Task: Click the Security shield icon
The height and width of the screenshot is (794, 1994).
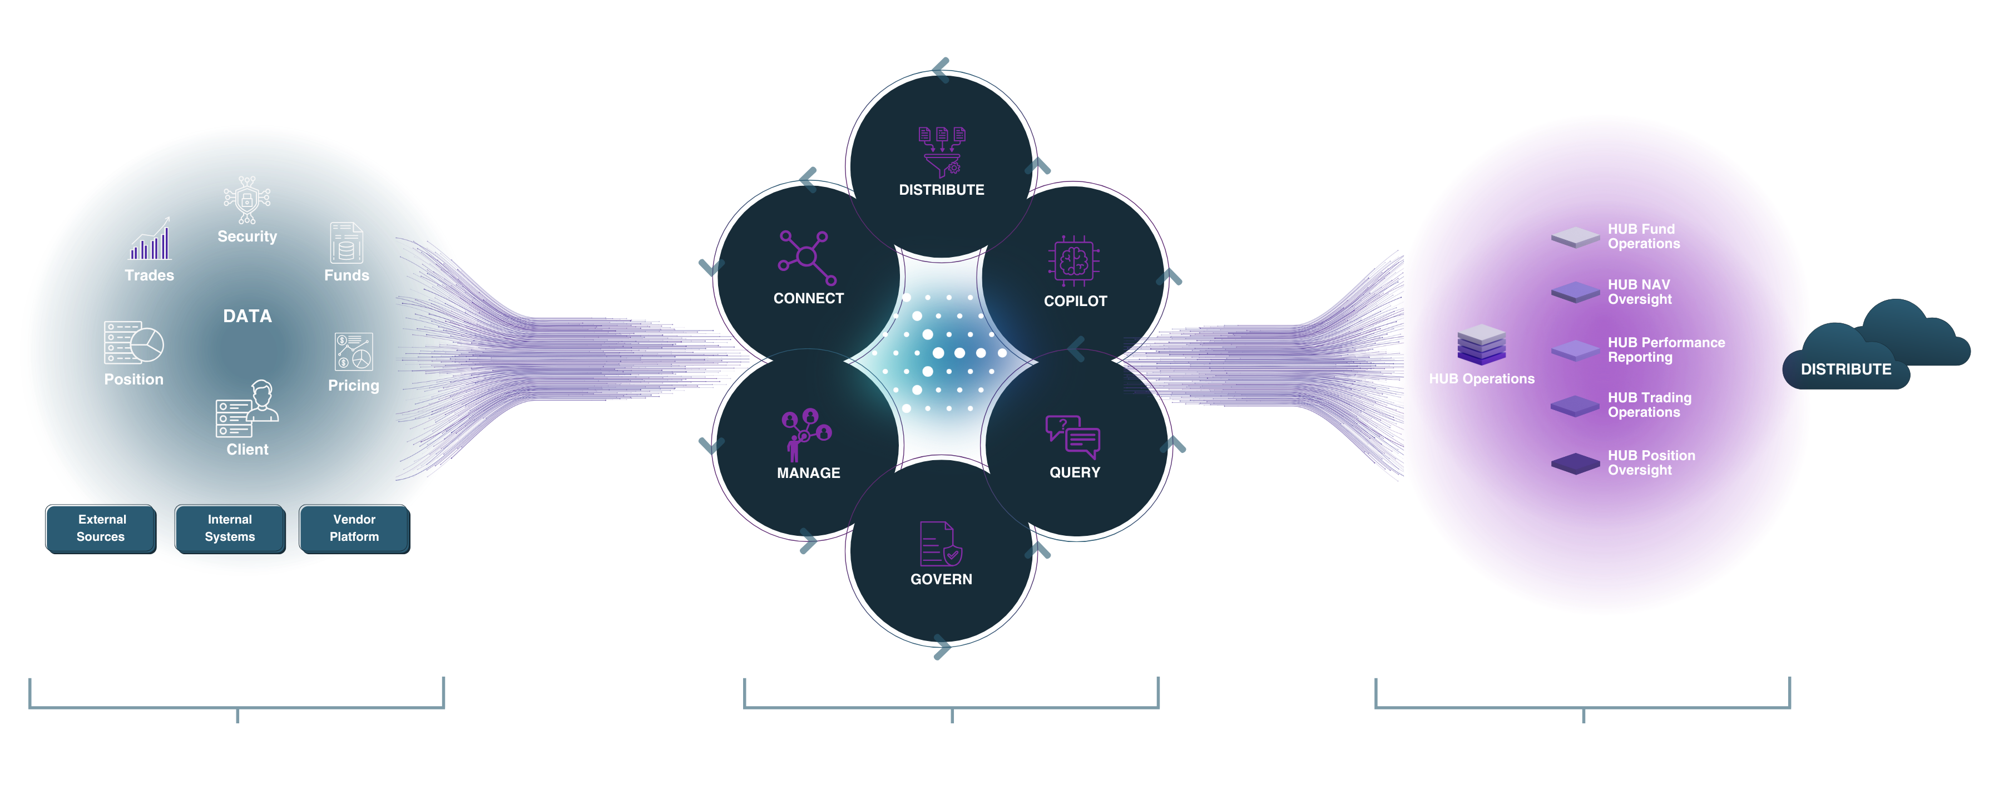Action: (247, 199)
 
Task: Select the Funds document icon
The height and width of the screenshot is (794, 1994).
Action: (346, 243)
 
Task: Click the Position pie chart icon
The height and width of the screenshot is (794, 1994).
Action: (134, 342)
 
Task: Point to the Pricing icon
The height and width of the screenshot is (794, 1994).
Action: (354, 351)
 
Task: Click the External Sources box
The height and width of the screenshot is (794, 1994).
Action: (101, 528)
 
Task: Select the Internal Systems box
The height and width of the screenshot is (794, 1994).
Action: (230, 528)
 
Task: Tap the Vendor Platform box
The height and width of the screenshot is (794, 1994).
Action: (354, 528)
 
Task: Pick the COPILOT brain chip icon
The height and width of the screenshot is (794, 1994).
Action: (1075, 261)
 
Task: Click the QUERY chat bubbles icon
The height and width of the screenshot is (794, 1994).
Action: (1073, 437)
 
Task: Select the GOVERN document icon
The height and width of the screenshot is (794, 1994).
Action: (941, 543)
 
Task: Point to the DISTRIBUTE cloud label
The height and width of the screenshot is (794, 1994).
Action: (1845, 369)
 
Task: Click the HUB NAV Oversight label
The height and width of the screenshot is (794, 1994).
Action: (1640, 292)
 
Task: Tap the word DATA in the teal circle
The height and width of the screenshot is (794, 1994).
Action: (248, 316)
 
